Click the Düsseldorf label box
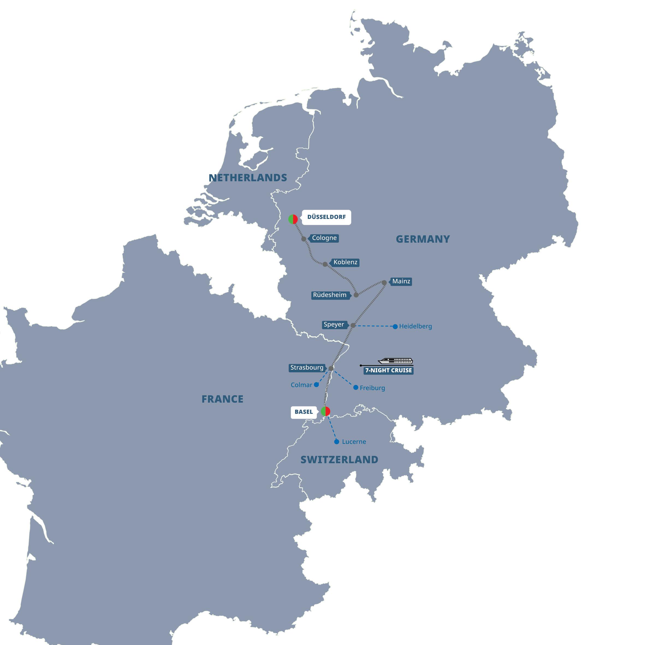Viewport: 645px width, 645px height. pos(326,217)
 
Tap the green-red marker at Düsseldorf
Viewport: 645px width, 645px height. pos(293,219)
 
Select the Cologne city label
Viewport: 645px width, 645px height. pos(324,238)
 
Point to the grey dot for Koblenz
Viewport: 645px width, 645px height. pos(325,264)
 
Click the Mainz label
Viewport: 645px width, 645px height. pos(401,281)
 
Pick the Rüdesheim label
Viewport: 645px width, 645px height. pos(330,295)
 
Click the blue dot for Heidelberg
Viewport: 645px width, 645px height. pos(395,326)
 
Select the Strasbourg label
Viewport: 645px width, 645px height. pos(307,368)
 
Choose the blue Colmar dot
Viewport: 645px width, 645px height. pos(316,385)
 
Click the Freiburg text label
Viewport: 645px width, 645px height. pos(372,388)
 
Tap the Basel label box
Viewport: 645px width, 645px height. pos(304,412)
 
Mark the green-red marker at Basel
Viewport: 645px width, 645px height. pos(326,411)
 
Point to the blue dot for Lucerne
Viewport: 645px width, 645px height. pos(337,442)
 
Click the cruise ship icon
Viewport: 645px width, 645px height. pos(395,361)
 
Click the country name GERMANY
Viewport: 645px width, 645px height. pos(423,239)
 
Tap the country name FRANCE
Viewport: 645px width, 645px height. pos(222,399)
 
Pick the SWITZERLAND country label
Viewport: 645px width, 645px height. pos(339,460)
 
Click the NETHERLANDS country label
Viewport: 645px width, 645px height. pos(248,178)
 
